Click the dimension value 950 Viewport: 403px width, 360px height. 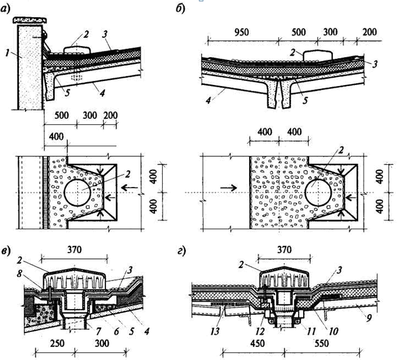(x=241, y=32)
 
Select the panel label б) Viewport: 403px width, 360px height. (x=180, y=9)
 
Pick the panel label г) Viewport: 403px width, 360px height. (x=181, y=251)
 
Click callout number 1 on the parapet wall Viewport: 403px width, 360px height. (x=8, y=53)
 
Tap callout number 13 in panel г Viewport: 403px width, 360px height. (x=215, y=331)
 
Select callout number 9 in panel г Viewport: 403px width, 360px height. (x=369, y=318)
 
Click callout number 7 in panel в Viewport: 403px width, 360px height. (x=98, y=331)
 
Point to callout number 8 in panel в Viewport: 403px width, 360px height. (x=19, y=274)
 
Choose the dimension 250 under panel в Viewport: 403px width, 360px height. (x=57, y=343)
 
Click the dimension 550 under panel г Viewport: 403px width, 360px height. (x=321, y=343)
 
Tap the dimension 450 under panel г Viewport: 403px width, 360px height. (x=257, y=343)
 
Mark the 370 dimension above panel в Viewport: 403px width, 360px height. (x=74, y=249)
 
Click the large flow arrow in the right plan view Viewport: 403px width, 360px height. (x=228, y=188)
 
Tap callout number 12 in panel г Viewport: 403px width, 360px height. (x=260, y=331)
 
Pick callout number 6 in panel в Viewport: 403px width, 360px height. (x=117, y=331)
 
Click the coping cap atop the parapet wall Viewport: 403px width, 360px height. (x=30, y=21)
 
